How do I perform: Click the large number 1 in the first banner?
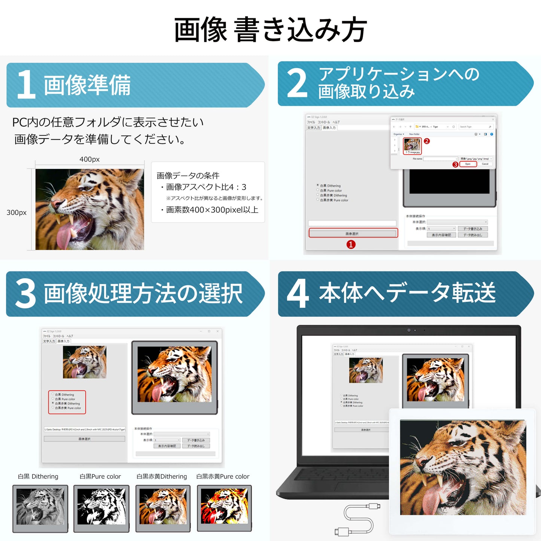tap(26, 85)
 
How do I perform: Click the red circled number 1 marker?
tap(351, 244)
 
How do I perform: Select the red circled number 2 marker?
tap(426, 141)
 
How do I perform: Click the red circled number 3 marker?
tap(455, 164)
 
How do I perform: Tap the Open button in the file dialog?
tap(468, 164)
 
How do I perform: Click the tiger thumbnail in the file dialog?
tap(412, 145)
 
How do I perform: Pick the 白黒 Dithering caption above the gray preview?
tap(38, 477)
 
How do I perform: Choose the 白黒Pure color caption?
tap(100, 477)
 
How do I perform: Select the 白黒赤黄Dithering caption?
tap(162, 477)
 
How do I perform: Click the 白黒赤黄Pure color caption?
tap(223, 477)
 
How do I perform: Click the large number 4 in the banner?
tap(298, 294)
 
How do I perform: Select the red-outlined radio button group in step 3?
tap(67, 402)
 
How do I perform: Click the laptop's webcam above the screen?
tap(409, 330)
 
